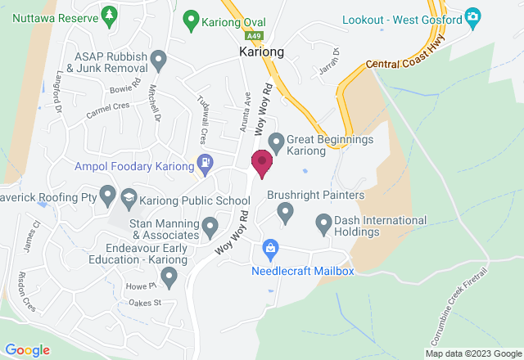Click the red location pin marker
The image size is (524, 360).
[262, 163]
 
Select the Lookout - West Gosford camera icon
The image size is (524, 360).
[472, 17]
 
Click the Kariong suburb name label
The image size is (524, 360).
[261, 51]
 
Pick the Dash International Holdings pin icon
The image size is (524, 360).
[323, 222]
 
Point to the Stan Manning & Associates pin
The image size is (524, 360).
[210, 225]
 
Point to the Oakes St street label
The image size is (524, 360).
[147, 303]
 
